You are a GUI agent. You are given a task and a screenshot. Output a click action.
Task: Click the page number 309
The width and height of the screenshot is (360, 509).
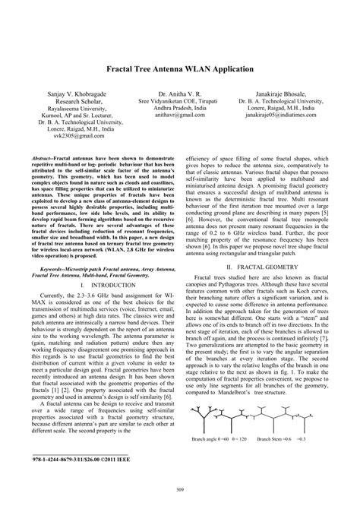[x=179, y=495]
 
